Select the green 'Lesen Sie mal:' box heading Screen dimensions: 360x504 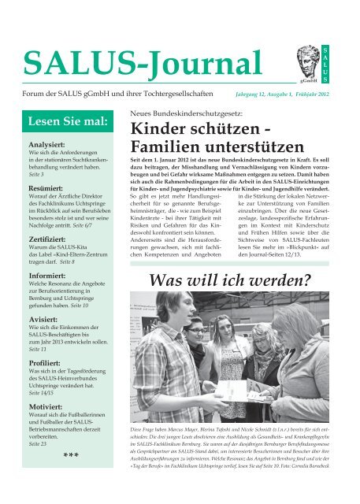[x=61, y=122]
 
